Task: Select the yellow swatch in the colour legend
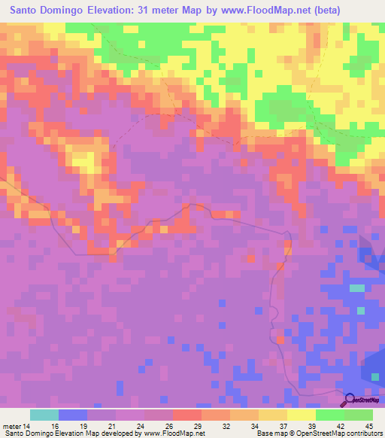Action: point(302,415)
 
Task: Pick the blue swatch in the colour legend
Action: point(73,415)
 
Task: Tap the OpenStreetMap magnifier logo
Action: point(350,400)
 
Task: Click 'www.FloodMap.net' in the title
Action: point(247,11)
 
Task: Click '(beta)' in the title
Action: point(319,11)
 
